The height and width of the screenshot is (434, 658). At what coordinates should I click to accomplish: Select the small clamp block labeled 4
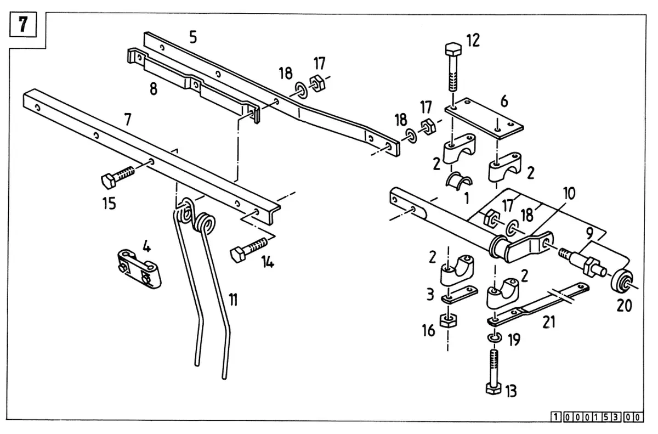click(x=139, y=269)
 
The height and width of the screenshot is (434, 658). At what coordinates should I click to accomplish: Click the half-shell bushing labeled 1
click(x=458, y=181)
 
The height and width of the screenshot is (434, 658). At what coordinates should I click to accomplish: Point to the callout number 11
click(x=233, y=300)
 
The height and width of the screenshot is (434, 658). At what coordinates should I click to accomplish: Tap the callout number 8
click(x=154, y=88)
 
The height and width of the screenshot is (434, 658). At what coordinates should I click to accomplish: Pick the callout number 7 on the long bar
click(x=127, y=120)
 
